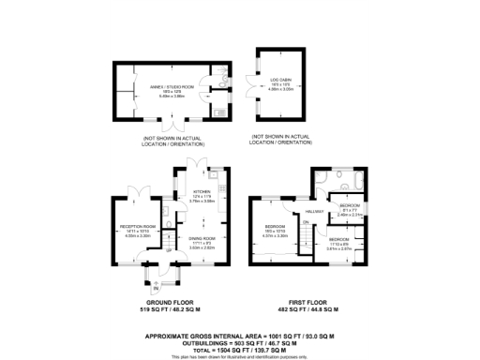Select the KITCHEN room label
pyautogui.click(x=202, y=192)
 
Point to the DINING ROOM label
pyautogui.click(x=202, y=239)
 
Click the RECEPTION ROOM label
pyautogui.click(x=137, y=226)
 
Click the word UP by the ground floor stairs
pyautogui.click(x=170, y=249)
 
